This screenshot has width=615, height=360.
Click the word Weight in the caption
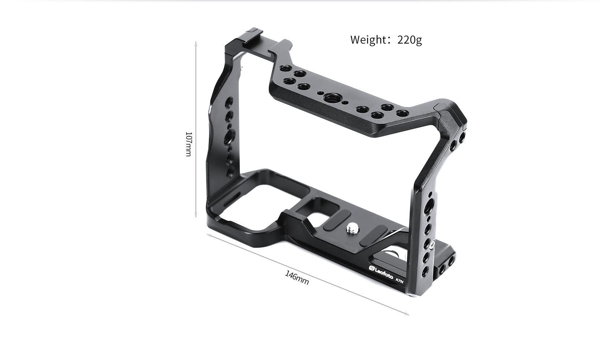click(x=367, y=40)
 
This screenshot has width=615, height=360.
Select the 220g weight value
click(x=410, y=40)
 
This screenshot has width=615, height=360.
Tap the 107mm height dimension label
click(x=188, y=144)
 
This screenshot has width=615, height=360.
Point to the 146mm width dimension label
click(x=297, y=278)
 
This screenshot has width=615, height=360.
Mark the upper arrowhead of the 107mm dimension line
click(x=196, y=43)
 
